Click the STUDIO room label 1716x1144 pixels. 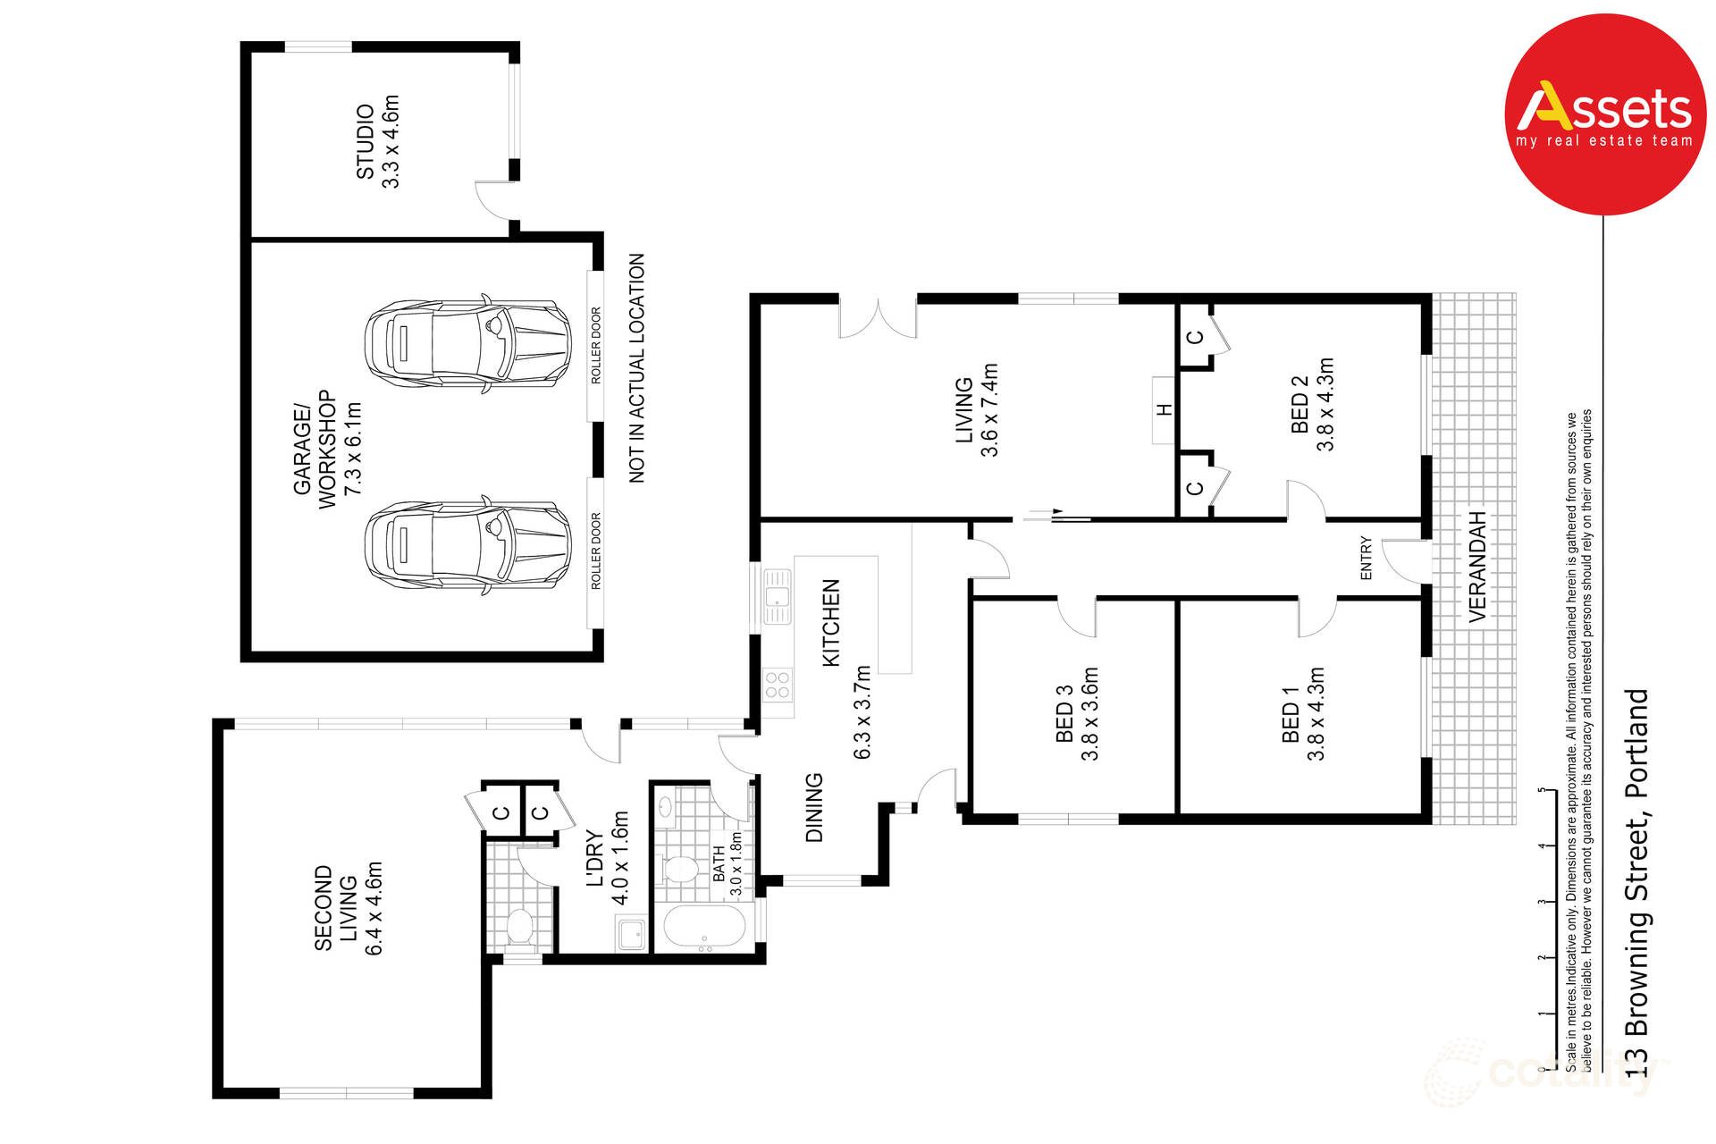[x=366, y=141]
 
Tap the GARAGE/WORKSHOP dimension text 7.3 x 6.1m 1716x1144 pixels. [x=354, y=449]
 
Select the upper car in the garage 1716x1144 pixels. [x=467, y=344]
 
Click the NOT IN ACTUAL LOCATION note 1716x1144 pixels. [x=636, y=368]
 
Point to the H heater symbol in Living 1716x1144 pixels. [x=1164, y=410]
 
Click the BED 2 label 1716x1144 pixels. [x=1300, y=404]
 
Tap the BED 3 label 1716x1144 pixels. [x=1064, y=713]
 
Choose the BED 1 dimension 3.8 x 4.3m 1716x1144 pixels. [x=1316, y=713]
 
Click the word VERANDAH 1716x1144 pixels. [x=1477, y=567]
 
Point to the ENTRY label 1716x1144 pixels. [x=1366, y=558]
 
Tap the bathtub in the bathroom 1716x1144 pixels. [x=704, y=928]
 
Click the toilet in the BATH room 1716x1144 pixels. [x=681, y=868]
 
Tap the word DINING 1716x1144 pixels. [x=814, y=807]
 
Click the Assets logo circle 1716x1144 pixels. [x=1605, y=114]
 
